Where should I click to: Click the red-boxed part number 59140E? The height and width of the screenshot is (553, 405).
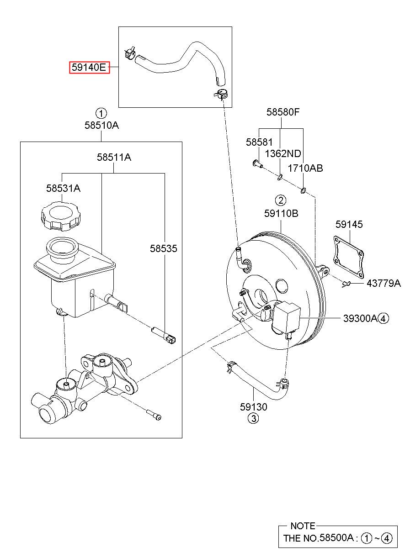point(89,67)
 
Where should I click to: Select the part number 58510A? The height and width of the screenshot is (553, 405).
point(101,126)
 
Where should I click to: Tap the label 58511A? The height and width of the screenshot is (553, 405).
point(114,157)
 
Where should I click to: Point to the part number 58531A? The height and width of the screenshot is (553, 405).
point(63,188)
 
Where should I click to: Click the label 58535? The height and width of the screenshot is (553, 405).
point(163,248)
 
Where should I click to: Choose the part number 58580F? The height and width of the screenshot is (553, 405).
point(282,112)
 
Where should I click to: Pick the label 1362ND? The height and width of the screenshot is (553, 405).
point(283,154)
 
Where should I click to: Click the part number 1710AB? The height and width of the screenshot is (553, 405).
point(305,169)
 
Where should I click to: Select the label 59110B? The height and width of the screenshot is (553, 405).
point(281,213)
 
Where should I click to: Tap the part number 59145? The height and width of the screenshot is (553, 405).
point(349,224)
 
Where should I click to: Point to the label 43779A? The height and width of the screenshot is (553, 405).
point(383,284)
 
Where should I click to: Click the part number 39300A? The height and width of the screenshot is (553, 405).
point(360,318)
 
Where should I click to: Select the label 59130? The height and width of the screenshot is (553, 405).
point(254,407)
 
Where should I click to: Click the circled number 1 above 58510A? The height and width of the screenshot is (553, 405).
point(101,114)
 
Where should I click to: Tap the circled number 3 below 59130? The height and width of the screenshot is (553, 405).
point(253,418)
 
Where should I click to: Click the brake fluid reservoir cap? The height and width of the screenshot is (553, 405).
point(61,216)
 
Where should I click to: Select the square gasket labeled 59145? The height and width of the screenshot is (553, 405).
point(349,257)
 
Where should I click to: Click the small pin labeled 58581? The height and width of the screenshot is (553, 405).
point(257,163)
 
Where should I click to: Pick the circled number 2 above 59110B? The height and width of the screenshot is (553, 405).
point(281,200)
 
